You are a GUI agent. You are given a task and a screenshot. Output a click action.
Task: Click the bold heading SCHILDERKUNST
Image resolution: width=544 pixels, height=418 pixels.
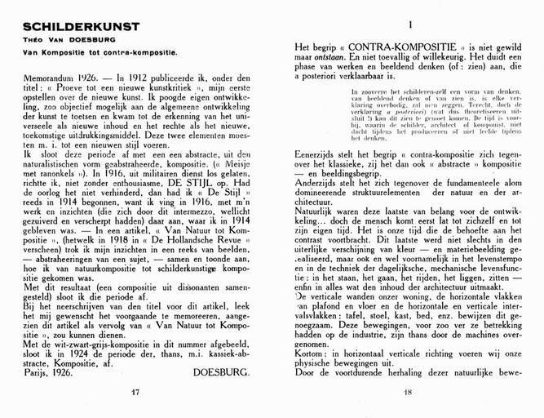[x=55, y=27]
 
